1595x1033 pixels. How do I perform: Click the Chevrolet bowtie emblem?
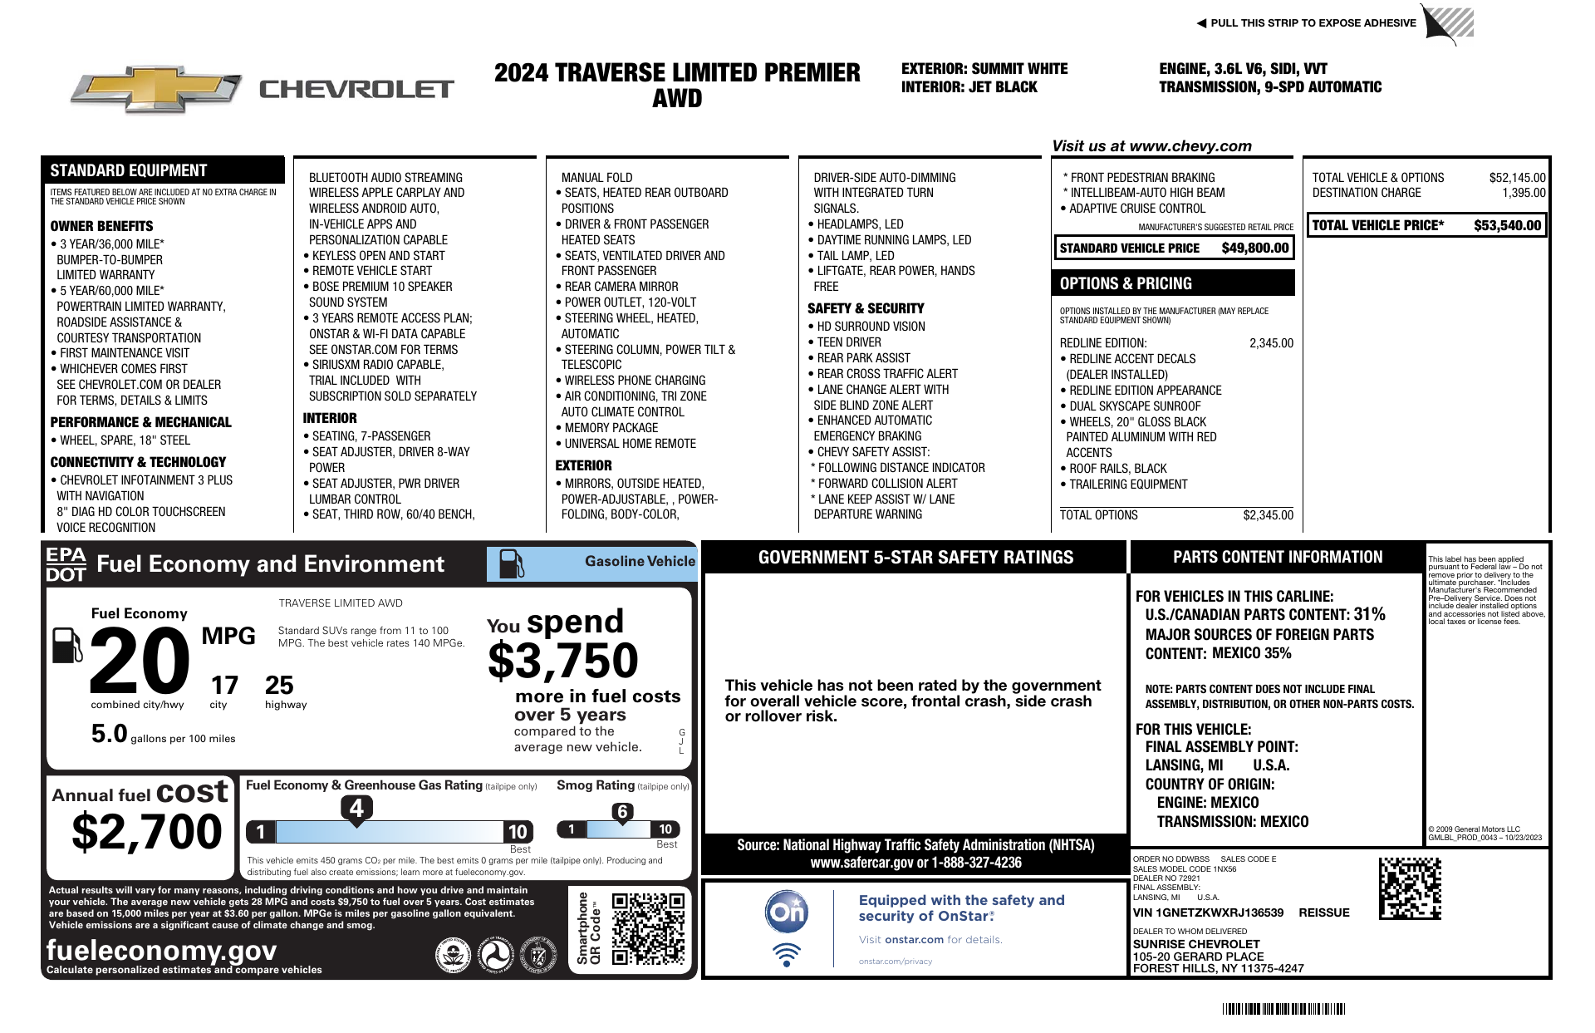point(157,89)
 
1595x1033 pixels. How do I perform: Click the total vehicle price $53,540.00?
point(1507,225)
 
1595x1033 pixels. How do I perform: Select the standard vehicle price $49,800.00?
point(1254,248)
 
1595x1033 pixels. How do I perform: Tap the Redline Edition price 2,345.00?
point(1271,343)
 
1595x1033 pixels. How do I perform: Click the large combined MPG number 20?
point(140,661)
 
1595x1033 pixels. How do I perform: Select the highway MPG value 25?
point(279,686)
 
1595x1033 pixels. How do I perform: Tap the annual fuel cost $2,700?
point(147,832)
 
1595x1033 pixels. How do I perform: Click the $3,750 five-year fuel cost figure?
point(562,662)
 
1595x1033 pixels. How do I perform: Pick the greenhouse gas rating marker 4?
point(356,808)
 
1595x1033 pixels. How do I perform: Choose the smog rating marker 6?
point(622,812)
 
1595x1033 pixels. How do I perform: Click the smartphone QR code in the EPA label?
point(648,928)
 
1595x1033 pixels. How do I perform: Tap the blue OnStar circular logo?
point(786,912)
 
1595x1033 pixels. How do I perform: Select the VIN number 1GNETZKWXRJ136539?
point(1208,912)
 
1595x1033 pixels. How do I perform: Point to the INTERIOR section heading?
point(330,418)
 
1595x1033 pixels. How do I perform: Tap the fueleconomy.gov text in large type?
point(161,949)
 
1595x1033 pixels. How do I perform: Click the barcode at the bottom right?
point(1283,1009)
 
